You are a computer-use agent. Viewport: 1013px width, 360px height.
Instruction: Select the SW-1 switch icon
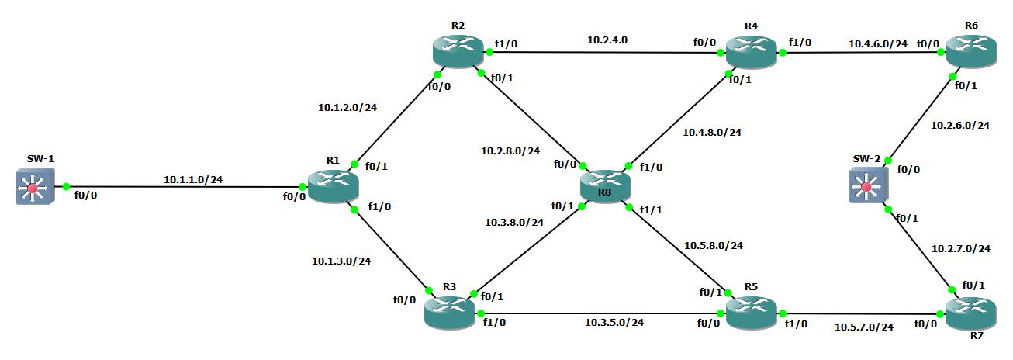35,187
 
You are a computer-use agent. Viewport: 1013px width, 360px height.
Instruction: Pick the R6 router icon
970,53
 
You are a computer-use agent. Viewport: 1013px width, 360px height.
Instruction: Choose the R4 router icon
751,53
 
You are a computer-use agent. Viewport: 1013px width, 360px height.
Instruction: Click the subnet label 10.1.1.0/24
193,179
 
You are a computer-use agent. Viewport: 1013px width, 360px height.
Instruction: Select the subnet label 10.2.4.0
607,39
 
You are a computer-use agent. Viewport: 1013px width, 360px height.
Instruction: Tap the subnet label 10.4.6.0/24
877,43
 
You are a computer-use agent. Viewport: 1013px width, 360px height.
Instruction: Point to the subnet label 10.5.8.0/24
713,245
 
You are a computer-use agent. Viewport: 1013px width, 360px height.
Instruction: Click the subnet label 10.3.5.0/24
614,322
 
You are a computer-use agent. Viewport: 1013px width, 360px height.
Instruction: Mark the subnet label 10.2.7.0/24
960,248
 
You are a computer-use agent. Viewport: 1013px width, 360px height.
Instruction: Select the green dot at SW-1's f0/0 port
67,187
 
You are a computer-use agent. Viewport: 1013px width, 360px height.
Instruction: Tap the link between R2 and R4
605,53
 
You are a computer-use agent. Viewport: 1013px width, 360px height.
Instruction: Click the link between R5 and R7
861,314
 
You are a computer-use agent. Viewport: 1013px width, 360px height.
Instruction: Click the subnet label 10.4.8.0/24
711,132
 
